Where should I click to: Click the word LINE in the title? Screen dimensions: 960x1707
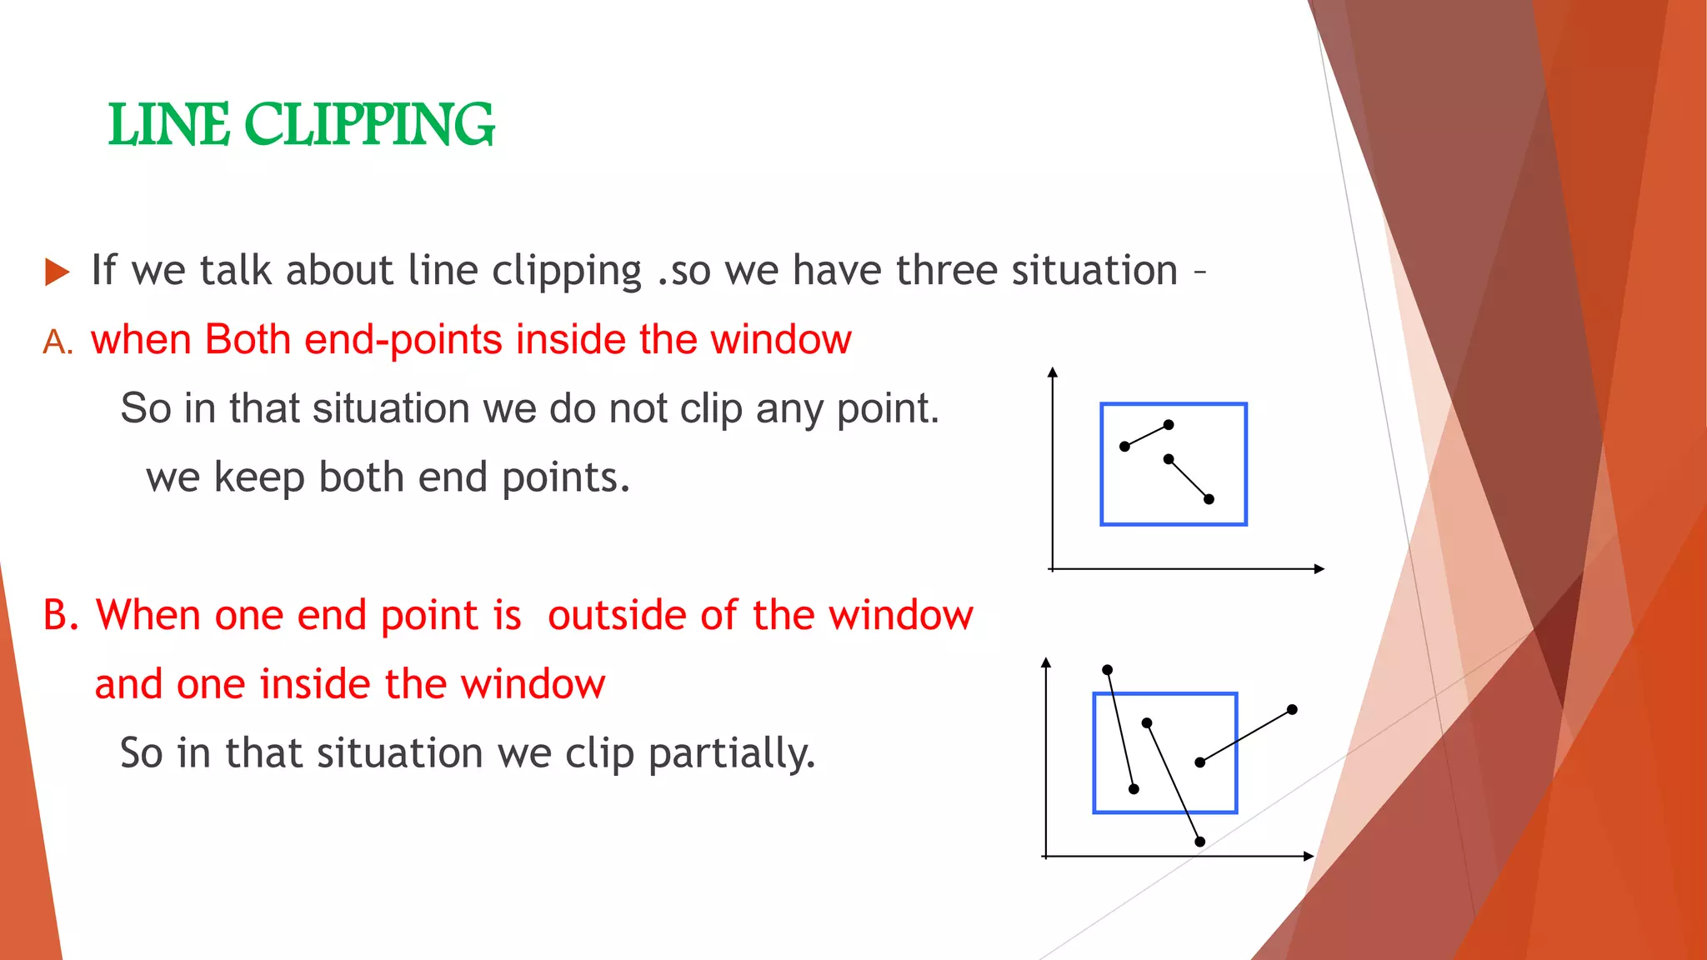tap(168, 126)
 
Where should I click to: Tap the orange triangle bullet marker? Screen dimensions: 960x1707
tap(57, 272)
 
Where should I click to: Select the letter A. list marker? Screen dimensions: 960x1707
tap(58, 342)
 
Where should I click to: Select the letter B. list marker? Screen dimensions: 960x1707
tap(61, 615)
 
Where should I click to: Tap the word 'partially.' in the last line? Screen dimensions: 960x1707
tap(732, 752)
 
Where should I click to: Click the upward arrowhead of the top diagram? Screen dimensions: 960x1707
tap(1053, 372)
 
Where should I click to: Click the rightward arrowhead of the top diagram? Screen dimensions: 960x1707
tap(1319, 569)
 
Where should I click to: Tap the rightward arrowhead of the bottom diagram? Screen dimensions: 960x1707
tap(1309, 856)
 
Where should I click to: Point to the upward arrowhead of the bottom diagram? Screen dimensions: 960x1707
tap(1046, 662)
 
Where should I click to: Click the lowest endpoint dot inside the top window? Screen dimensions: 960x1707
tap(1209, 499)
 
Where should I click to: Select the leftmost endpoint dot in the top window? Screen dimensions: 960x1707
tap(1124, 447)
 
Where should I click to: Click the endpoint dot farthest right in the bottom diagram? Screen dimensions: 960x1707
tap(1292, 710)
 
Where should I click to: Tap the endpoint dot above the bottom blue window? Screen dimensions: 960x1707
tap(1107, 670)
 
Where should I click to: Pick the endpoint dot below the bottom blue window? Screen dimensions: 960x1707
tap(1200, 842)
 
